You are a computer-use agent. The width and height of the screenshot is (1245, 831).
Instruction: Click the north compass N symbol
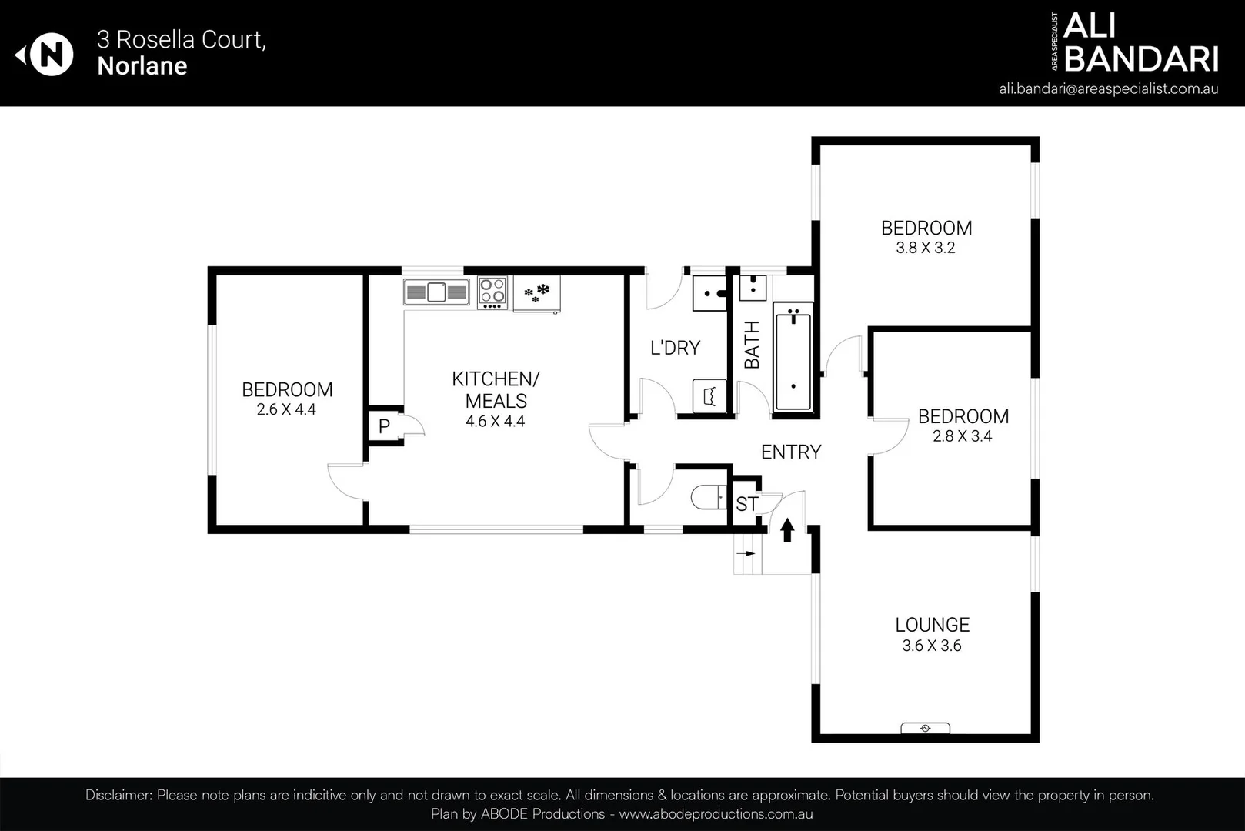[x=51, y=55]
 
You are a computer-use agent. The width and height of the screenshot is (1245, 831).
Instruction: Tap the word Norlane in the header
[x=142, y=66]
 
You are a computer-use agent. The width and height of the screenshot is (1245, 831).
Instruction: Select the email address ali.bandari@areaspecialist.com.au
[x=1108, y=89]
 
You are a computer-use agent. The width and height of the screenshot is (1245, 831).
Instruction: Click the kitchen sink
[x=436, y=292]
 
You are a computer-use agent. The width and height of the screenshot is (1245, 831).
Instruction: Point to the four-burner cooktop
[x=492, y=292]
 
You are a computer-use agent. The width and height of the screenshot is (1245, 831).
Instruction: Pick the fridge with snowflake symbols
[x=536, y=293]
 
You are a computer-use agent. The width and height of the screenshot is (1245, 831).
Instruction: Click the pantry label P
[x=384, y=426]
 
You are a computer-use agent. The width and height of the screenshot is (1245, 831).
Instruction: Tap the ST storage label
[x=746, y=504]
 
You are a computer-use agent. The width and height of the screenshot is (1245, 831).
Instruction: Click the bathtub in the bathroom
[x=793, y=358]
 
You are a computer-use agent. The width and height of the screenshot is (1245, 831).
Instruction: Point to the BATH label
[x=752, y=345]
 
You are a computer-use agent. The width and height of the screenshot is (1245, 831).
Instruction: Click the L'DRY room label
[x=675, y=348]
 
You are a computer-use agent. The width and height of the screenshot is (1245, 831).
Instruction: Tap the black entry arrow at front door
[x=787, y=529]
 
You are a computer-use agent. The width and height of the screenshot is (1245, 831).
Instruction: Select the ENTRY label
[x=791, y=452]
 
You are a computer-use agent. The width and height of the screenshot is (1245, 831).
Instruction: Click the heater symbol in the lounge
[x=926, y=728]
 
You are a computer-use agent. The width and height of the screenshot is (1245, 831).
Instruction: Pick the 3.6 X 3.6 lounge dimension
[x=932, y=646]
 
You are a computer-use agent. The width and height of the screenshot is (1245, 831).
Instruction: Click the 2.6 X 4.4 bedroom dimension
[x=286, y=409]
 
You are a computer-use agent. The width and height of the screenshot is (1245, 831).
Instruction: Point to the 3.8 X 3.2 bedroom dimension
[x=926, y=248]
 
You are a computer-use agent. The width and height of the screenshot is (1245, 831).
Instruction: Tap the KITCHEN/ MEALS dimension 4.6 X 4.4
[x=496, y=422]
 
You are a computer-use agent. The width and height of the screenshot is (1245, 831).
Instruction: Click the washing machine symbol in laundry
[x=709, y=395]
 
